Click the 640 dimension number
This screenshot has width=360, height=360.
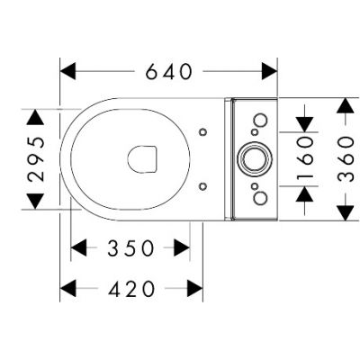click(168, 70)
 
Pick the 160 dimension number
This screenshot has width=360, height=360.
click(306, 158)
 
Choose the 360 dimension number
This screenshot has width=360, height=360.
click(344, 158)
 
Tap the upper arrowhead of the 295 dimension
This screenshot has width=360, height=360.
click(35, 117)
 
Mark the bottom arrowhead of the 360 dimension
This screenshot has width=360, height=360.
click(344, 212)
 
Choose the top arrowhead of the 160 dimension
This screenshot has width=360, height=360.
click(306, 123)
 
